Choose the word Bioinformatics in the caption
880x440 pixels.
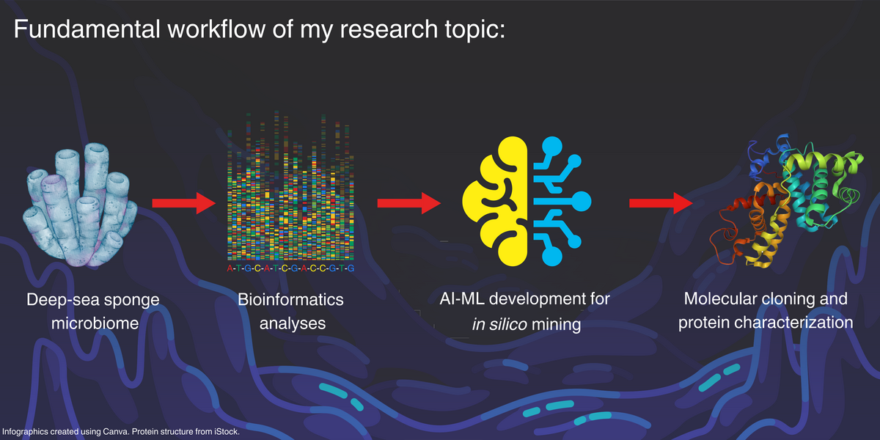(290, 300)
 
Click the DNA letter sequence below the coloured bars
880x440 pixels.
(290, 268)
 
